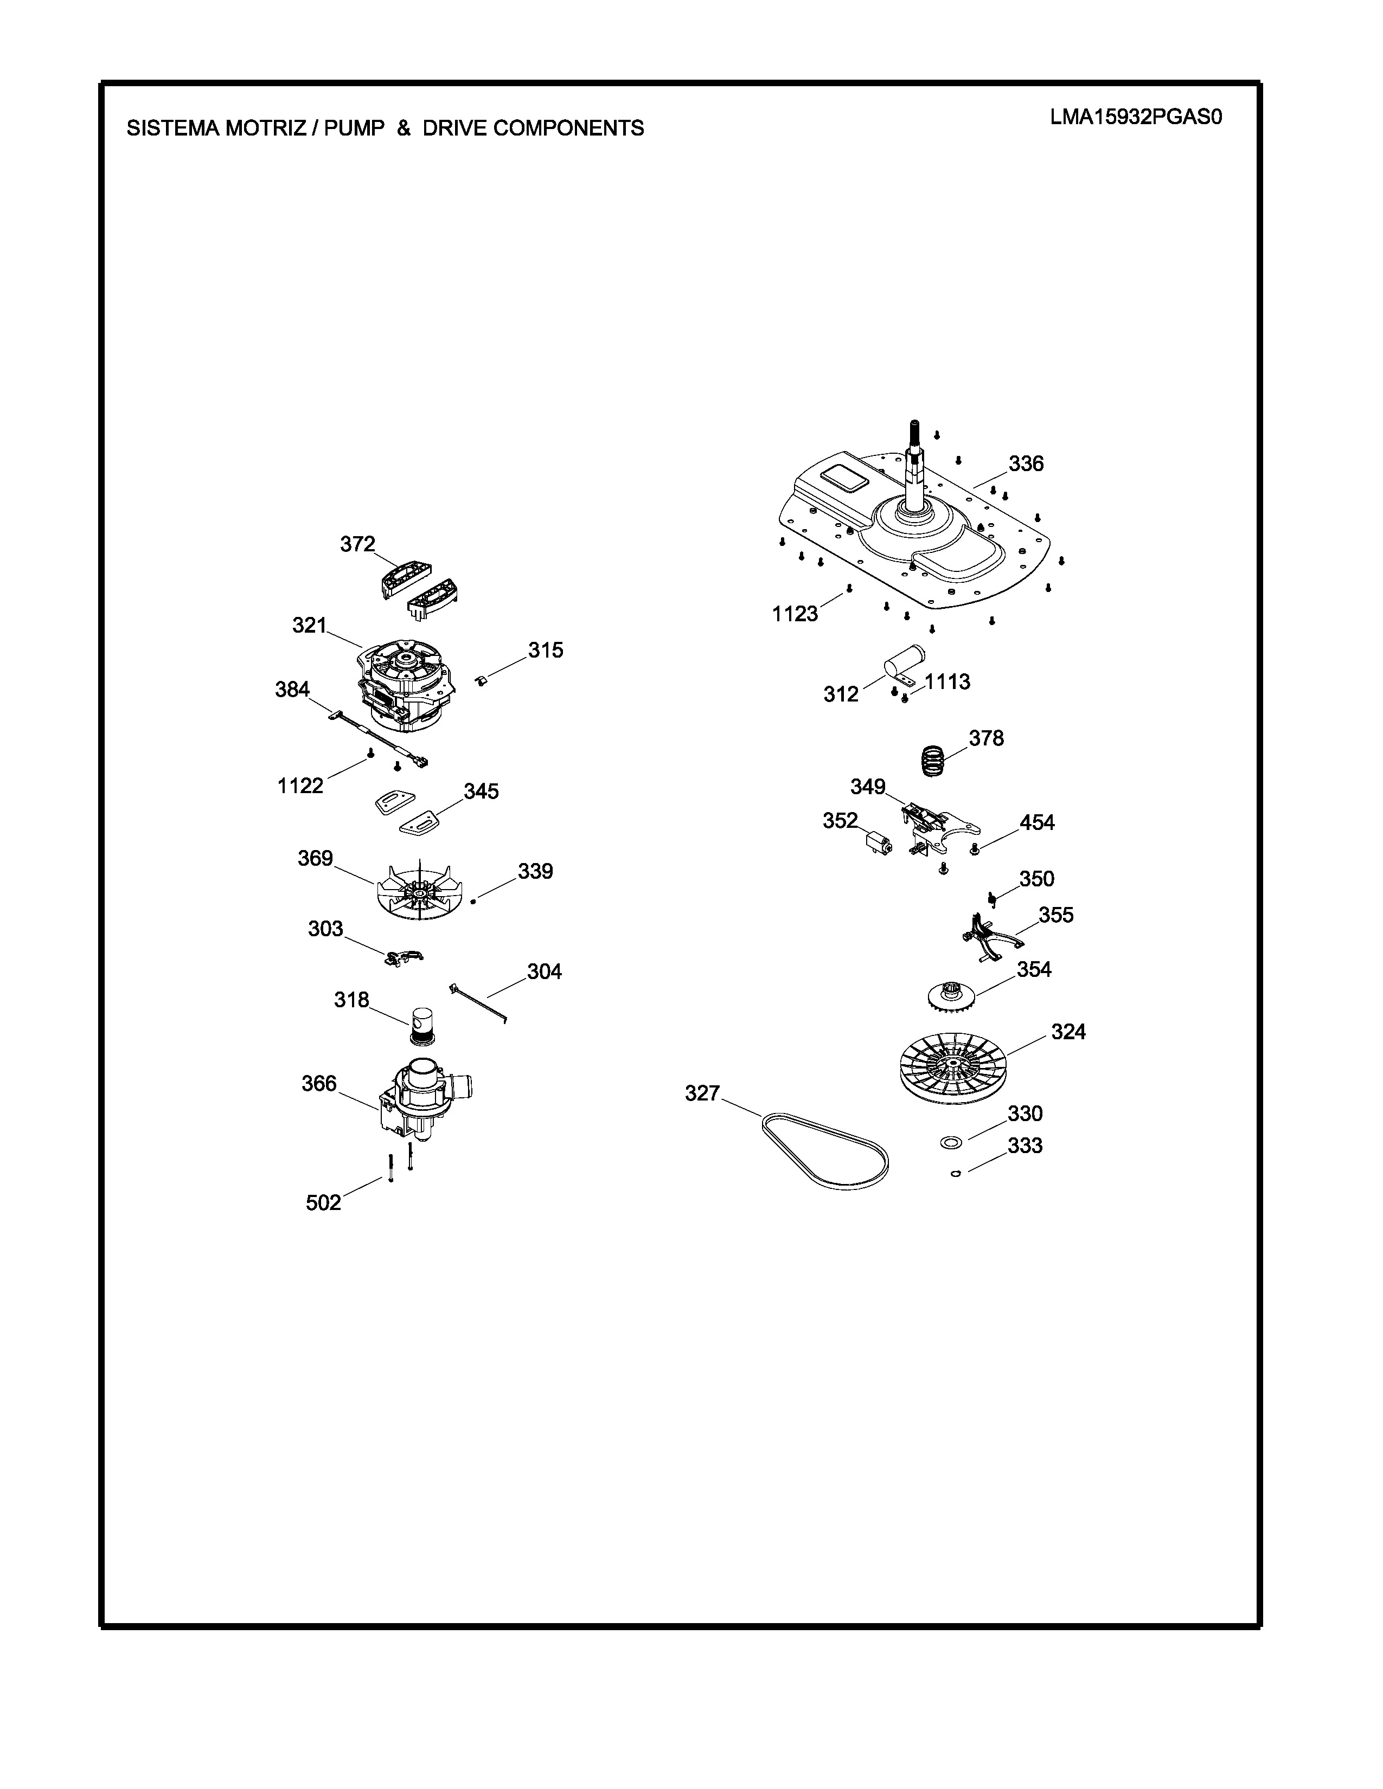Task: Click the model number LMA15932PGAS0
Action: coord(1136,117)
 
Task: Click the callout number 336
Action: coord(1026,464)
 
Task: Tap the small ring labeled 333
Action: coord(955,1174)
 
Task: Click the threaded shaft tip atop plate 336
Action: coord(914,423)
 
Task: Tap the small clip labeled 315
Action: coord(482,680)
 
